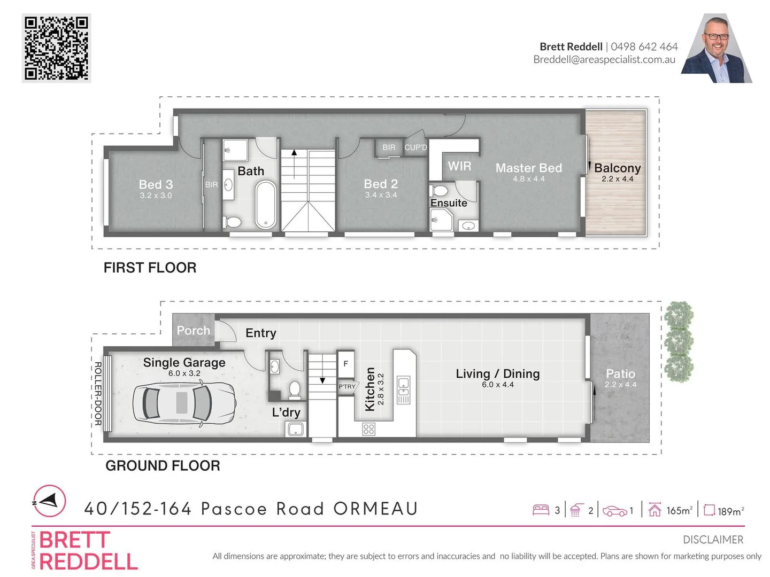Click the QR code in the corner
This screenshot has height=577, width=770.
56,48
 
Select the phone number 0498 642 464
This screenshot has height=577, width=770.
644,46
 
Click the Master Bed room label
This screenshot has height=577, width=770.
528,168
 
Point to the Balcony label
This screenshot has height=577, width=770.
617,168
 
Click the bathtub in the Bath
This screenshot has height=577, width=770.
265,205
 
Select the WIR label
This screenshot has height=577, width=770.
459,166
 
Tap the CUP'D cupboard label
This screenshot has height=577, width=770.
415,147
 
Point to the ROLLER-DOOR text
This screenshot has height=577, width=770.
98,394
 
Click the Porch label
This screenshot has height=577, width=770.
193,331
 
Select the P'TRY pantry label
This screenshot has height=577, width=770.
346,386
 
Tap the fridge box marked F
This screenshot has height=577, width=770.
346,364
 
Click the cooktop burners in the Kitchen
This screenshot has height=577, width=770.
368,428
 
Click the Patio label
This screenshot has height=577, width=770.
620,373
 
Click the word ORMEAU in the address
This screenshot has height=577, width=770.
375,509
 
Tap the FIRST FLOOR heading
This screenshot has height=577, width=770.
150,268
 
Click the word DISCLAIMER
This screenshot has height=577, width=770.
713,540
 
